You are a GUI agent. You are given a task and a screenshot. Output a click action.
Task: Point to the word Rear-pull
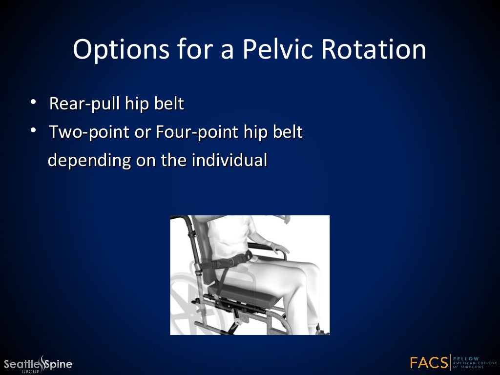coord(81,104)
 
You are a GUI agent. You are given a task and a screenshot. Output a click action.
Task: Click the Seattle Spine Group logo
coord(38,364)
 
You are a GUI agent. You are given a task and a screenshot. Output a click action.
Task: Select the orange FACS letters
coord(429,363)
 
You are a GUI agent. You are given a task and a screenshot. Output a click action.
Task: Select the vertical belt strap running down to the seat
coord(222,281)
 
